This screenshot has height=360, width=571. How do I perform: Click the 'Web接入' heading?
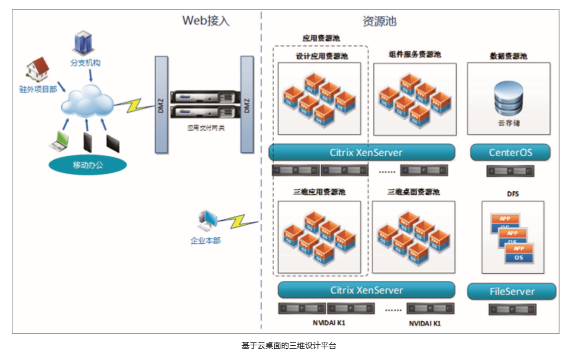pos(205,21)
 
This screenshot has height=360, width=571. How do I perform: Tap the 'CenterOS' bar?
pos(509,152)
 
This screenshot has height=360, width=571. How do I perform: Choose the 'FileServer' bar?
pos(511,291)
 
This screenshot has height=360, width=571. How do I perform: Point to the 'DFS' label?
pos(512,194)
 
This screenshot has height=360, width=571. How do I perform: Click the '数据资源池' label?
pos(508,56)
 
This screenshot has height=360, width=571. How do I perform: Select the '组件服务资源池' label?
pos(414,55)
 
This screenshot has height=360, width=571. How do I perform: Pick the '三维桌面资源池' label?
pos(414,192)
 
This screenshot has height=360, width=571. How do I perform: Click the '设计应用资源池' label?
pos(321,56)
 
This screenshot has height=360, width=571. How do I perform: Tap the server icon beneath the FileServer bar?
pos(512,309)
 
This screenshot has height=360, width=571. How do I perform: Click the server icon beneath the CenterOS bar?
pos(510,170)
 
